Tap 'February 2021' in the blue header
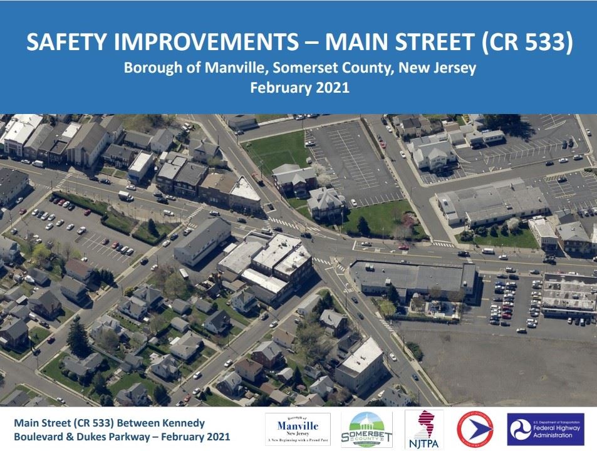299,88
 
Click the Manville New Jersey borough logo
298,430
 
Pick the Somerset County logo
366,430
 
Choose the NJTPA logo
424,430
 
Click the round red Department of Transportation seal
475,430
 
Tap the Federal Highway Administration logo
545,430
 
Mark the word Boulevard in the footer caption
42,437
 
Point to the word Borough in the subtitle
148,68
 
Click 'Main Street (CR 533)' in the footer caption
63,423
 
